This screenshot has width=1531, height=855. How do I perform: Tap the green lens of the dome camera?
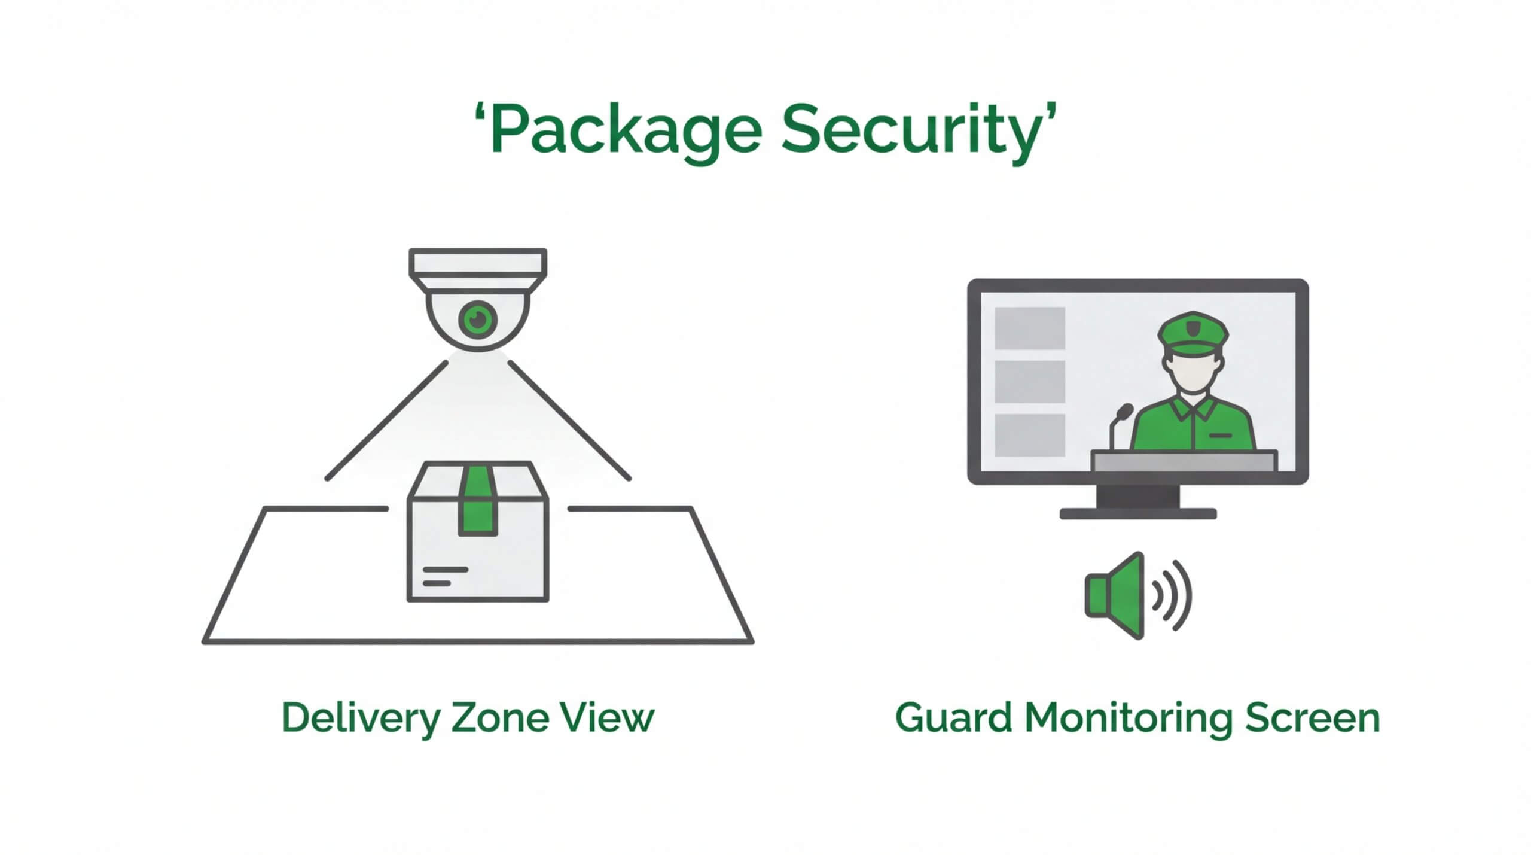478,320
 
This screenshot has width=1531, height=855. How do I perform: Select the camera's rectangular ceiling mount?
478,262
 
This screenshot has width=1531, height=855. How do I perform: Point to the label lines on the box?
444,576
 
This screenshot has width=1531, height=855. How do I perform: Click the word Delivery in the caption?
361,717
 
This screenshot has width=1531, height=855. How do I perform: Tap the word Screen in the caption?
1312,717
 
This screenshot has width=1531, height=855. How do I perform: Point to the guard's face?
1193,372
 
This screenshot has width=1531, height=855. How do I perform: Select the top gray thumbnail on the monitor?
1030,328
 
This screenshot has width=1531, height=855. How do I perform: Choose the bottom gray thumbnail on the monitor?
1030,434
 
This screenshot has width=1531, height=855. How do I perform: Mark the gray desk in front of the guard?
1184,461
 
